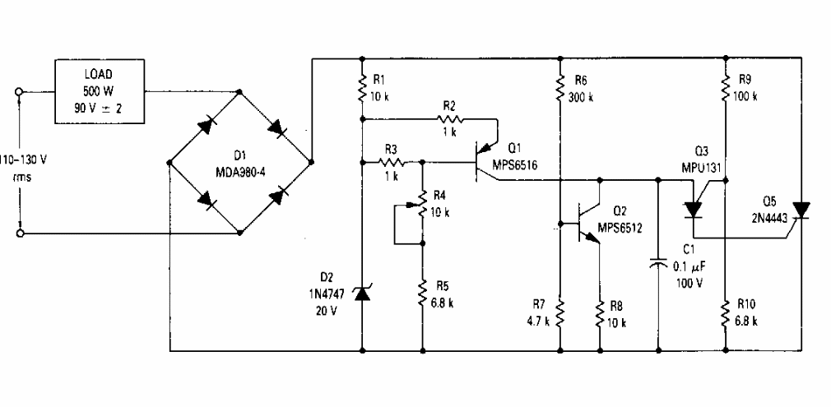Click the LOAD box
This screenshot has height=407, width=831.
[x=98, y=92]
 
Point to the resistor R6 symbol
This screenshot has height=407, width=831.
[x=559, y=88]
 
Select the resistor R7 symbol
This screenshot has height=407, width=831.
[x=559, y=312]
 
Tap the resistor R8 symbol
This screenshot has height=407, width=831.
[x=600, y=312]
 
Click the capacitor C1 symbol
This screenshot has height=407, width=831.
[x=659, y=265]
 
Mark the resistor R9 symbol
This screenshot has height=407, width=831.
[x=726, y=88]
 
